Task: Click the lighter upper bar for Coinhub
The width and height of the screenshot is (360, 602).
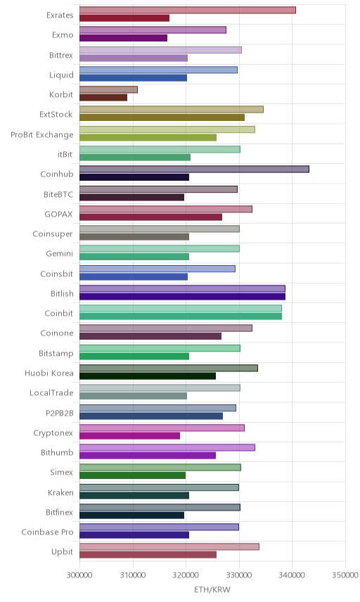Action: [194, 169]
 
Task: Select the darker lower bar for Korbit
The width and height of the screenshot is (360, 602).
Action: [103, 98]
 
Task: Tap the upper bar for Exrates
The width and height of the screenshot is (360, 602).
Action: [188, 10]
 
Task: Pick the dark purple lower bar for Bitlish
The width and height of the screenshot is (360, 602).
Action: [182, 296]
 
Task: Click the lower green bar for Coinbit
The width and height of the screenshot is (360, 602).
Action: [181, 316]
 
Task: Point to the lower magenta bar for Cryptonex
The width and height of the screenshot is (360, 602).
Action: [129, 436]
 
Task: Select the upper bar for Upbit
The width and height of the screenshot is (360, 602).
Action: [169, 546]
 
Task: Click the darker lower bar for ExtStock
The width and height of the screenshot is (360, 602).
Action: [162, 117]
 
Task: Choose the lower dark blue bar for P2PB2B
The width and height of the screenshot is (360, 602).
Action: [151, 416]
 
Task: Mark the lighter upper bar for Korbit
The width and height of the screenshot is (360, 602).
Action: [108, 89]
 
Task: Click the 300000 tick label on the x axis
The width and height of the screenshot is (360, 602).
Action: [79, 575]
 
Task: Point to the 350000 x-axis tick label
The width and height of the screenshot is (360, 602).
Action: [345, 575]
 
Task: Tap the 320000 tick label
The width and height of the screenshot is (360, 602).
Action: [186, 575]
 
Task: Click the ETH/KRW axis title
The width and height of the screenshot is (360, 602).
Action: [212, 589]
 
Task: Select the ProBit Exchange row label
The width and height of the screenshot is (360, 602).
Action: [41, 135]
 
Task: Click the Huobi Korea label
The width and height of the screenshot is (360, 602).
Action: [49, 373]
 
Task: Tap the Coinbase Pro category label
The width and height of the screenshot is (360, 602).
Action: [47, 532]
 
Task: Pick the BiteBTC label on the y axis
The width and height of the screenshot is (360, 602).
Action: [58, 194]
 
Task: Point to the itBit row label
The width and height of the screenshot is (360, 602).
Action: [65, 154]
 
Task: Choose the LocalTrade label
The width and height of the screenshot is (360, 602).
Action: [51, 392]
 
